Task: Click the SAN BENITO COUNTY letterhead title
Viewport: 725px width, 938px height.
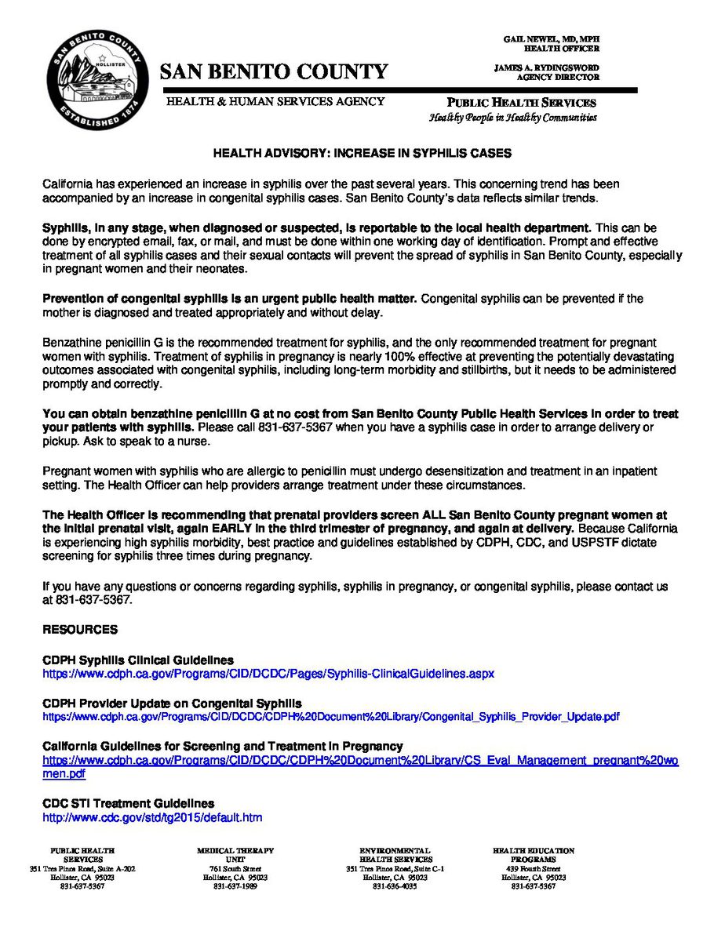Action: click(274, 72)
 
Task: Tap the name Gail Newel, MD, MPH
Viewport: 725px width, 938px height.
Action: click(551, 38)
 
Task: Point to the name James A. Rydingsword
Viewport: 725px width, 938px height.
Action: click(546, 67)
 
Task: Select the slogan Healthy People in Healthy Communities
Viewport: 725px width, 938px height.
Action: click(512, 118)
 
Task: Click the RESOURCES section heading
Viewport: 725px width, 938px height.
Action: click(80, 630)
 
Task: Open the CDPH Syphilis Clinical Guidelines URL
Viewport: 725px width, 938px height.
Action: click(268, 674)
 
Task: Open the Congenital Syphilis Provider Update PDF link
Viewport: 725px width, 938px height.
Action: click(330, 717)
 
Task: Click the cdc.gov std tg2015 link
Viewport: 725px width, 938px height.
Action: click(152, 817)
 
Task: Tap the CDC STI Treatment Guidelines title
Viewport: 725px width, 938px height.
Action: click(128, 804)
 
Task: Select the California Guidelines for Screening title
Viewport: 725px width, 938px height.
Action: click(223, 746)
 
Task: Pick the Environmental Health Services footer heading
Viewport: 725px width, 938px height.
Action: click(394, 855)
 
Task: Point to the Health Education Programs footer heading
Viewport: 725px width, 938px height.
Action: click(533, 855)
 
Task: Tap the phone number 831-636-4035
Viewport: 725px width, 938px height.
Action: click(394, 886)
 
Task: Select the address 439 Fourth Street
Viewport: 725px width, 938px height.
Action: click(533, 869)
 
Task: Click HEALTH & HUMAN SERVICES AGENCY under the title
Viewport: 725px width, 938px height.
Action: click(275, 101)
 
